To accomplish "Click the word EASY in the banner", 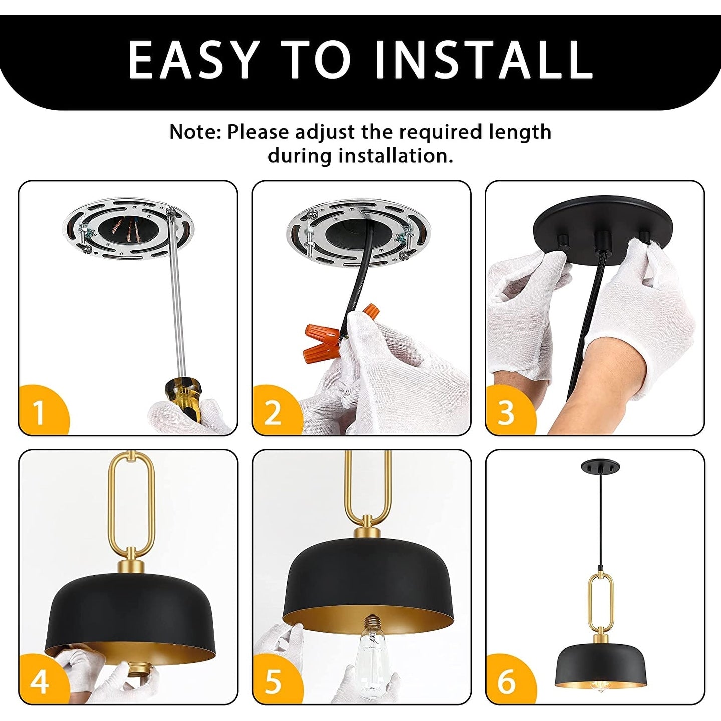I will (193, 59).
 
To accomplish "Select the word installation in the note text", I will (392, 156).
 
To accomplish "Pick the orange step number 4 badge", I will (40, 681).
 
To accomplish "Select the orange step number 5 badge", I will (273, 681).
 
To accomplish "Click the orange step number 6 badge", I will (506, 681).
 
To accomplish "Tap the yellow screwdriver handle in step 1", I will (184, 396).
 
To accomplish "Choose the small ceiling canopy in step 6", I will (595, 467).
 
